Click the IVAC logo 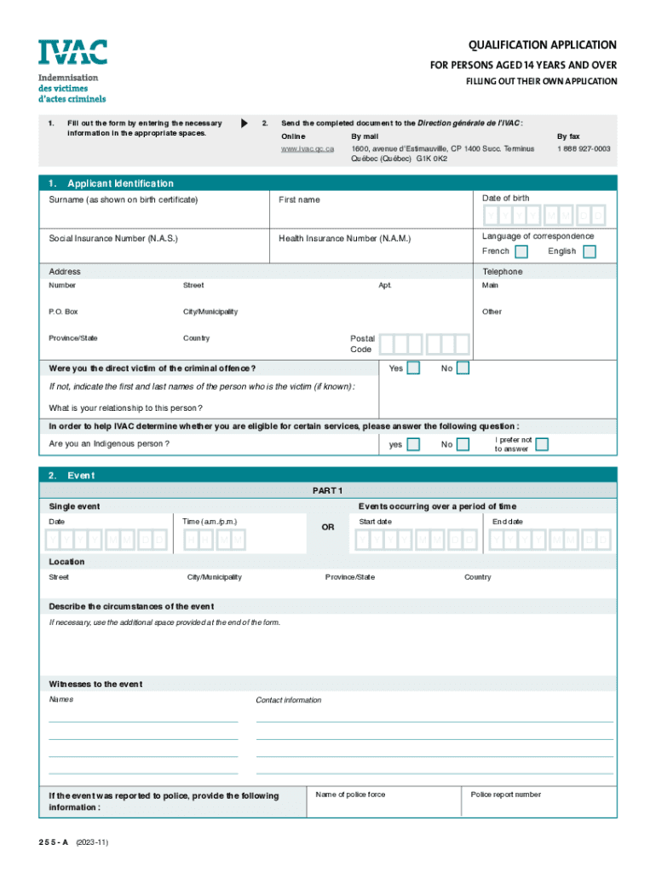[x=72, y=52]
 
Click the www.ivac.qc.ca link [x=308, y=148]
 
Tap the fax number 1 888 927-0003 [x=584, y=148]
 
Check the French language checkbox [x=521, y=251]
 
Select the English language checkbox [x=589, y=251]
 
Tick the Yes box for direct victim [x=413, y=368]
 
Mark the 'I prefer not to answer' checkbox [x=542, y=444]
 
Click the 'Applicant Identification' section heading [x=120, y=183]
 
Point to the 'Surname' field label [x=124, y=199]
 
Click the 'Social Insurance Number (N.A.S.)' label [x=113, y=239]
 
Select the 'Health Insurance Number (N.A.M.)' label [x=344, y=239]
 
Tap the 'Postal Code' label [x=362, y=344]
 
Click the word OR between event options [x=328, y=528]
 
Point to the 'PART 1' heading [x=328, y=490]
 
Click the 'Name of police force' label [x=350, y=795]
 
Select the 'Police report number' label [x=505, y=795]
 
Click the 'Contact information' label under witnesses [x=289, y=700]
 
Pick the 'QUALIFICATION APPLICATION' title [x=542, y=45]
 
